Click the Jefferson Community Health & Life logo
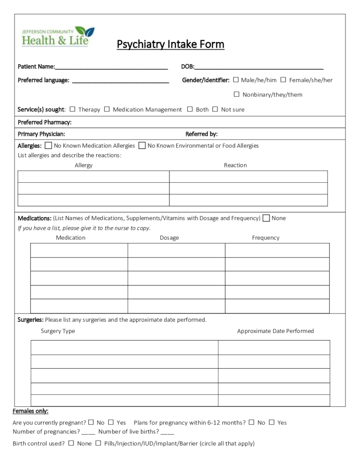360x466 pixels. tap(58, 37)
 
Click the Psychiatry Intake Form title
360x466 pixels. tap(171, 44)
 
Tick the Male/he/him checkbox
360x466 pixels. tap(236, 80)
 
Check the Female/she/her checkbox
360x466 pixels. tap(283, 80)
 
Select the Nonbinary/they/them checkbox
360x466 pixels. tap(237, 94)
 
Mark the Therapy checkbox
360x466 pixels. tap(72, 109)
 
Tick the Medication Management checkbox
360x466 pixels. tap(107, 109)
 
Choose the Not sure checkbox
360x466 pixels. tap(215, 109)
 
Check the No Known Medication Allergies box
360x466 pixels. tap(48, 146)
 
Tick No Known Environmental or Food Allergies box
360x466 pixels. tap(142, 146)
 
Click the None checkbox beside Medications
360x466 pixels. tap(266, 218)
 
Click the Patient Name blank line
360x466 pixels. tap(111, 67)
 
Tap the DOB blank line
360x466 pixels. tap(259, 67)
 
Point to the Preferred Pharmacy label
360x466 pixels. tap(44, 122)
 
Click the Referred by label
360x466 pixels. tap(202, 134)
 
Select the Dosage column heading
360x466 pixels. tap(169, 238)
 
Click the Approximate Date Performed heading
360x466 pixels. tap(275, 331)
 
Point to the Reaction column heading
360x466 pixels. tap(235, 165)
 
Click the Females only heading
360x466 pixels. tap(30, 411)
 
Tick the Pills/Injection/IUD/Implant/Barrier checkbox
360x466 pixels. tap(98, 443)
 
